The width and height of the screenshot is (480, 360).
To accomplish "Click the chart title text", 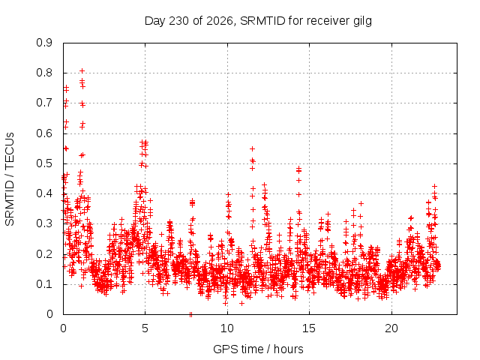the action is (x=258, y=21).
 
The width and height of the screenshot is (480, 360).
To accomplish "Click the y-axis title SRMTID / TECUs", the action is (x=10, y=179).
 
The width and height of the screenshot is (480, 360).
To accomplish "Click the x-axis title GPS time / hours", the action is (x=258, y=349).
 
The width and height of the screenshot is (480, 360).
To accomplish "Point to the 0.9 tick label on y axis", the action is (x=44, y=43).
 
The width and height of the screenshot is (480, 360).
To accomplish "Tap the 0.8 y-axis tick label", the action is (x=44, y=73).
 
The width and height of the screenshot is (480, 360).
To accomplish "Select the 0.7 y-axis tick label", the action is (x=44, y=103).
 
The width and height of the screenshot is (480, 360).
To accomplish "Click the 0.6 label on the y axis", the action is (x=44, y=133).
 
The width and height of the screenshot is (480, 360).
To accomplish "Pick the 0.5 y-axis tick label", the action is (x=44, y=163).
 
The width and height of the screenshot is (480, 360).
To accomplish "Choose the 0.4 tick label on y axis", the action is (x=44, y=193).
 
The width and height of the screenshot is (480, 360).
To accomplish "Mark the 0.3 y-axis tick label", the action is (x=44, y=223).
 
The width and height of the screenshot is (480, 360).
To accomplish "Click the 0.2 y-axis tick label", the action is (x=44, y=254).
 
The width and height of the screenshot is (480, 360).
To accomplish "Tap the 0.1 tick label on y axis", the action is (x=44, y=284).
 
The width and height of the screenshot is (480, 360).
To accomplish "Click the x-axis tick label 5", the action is (x=145, y=328).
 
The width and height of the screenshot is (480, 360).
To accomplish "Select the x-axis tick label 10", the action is (x=227, y=328).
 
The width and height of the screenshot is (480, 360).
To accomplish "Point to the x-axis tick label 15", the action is (x=309, y=328).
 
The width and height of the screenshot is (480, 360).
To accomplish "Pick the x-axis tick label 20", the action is (x=391, y=328).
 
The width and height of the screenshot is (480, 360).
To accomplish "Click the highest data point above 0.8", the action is (x=82, y=71).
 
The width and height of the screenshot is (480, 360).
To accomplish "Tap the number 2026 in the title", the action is (x=220, y=21).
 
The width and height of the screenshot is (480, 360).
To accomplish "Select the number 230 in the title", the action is (x=179, y=21).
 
